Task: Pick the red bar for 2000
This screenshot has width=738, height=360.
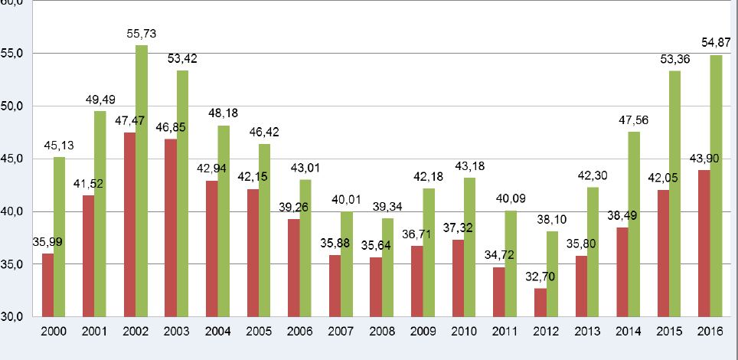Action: point(47,285)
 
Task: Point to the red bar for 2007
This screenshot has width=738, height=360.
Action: point(335,286)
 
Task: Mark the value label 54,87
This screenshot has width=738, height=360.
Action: point(717,40)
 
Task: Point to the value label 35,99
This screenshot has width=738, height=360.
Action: point(47,242)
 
